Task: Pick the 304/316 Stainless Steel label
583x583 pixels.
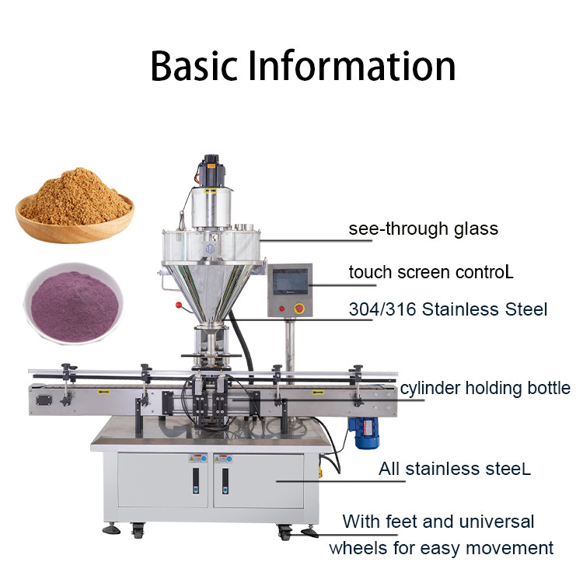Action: point(448,309)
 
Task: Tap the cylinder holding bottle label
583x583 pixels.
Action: point(485,387)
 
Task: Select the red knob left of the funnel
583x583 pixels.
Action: point(180,304)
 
